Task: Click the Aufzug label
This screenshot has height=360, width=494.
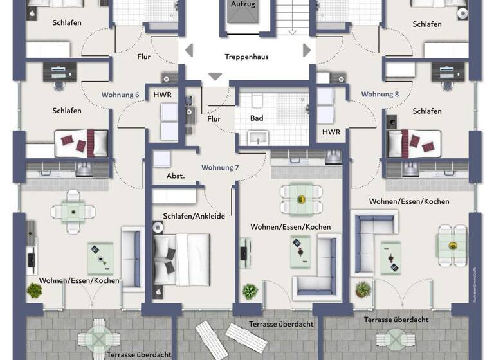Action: [242, 4]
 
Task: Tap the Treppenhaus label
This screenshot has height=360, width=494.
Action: [246, 57]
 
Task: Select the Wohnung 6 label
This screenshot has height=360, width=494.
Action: [120, 94]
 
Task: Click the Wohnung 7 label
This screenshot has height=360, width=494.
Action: [220, 167]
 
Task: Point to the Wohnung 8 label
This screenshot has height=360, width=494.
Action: [380, 94]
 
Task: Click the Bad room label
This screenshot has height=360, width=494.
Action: [257, 118]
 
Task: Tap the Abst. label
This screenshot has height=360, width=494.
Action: [176, 175]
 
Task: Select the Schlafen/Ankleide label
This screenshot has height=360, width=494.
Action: [194, 216]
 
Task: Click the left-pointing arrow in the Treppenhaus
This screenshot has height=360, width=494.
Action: [188, 50]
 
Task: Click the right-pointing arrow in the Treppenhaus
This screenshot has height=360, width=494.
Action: [307, 50]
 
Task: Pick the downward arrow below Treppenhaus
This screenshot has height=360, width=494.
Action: [215, 76]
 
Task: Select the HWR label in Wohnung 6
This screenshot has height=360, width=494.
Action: [162, 94]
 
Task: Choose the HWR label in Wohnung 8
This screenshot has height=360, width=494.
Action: [331, 132]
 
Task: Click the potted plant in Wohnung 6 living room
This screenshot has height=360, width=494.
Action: [34, 290]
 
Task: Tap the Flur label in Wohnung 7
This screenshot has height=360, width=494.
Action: [214, 118]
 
